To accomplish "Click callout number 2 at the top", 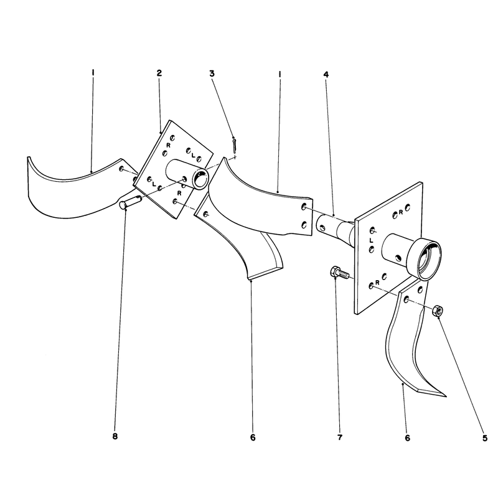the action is tap(159, 73).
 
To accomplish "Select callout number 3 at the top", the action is tap(212, 73).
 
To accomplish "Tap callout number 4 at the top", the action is tap(326, 75).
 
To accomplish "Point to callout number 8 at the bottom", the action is tap(115, 436).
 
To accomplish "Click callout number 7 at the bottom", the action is tap(340, 438).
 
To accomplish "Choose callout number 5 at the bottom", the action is tap(485, 438).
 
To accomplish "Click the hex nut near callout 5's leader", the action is tap(438, 310).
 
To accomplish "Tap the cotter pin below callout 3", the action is tap(235, 145).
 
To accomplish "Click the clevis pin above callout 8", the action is tap(129, 202).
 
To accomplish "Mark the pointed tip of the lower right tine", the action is tap(446, 397).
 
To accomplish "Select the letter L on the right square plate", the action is tap(371, 240).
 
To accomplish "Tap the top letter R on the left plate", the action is tap(168, 145).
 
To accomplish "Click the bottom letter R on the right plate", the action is tap(377, 282).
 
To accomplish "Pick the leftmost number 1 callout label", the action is tap(93, 73).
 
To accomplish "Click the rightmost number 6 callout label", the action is tap(408, 438).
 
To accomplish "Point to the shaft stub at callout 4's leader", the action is tap(334, 227).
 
